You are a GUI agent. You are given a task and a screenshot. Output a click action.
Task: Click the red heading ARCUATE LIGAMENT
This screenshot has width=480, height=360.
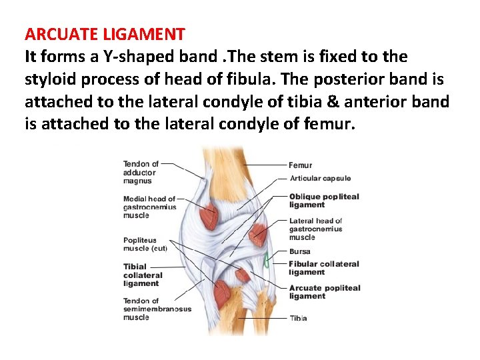105,33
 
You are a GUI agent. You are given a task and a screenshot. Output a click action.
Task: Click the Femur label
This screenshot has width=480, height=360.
300,165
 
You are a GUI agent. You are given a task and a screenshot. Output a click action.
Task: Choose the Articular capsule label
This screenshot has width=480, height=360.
319,178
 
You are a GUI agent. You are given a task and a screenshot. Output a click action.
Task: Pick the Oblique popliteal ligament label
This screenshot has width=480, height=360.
323,201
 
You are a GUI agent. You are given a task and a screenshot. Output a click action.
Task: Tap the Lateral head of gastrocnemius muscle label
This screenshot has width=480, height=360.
315,229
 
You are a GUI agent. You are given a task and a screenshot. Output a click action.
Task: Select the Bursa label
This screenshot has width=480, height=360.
299,251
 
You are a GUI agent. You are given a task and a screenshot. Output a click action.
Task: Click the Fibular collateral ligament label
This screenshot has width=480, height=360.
323,267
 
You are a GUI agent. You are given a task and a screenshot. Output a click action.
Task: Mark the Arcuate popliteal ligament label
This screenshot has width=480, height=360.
324,292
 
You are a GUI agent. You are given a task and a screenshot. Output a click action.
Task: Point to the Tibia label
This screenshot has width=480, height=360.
298,318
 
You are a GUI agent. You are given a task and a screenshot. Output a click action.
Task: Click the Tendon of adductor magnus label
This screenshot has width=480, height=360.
141,172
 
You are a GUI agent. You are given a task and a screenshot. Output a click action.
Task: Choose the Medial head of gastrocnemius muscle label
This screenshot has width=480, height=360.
149,207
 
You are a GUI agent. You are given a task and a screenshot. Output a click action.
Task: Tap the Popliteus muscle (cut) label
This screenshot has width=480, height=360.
145,244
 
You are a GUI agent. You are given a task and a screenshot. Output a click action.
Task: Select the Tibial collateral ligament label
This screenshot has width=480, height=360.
143,275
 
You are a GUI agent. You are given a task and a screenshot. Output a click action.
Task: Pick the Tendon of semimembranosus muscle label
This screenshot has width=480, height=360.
157,309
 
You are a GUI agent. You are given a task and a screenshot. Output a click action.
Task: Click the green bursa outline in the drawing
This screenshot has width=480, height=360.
266,259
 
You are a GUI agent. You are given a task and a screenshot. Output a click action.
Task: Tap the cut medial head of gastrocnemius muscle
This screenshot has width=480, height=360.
209,214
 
